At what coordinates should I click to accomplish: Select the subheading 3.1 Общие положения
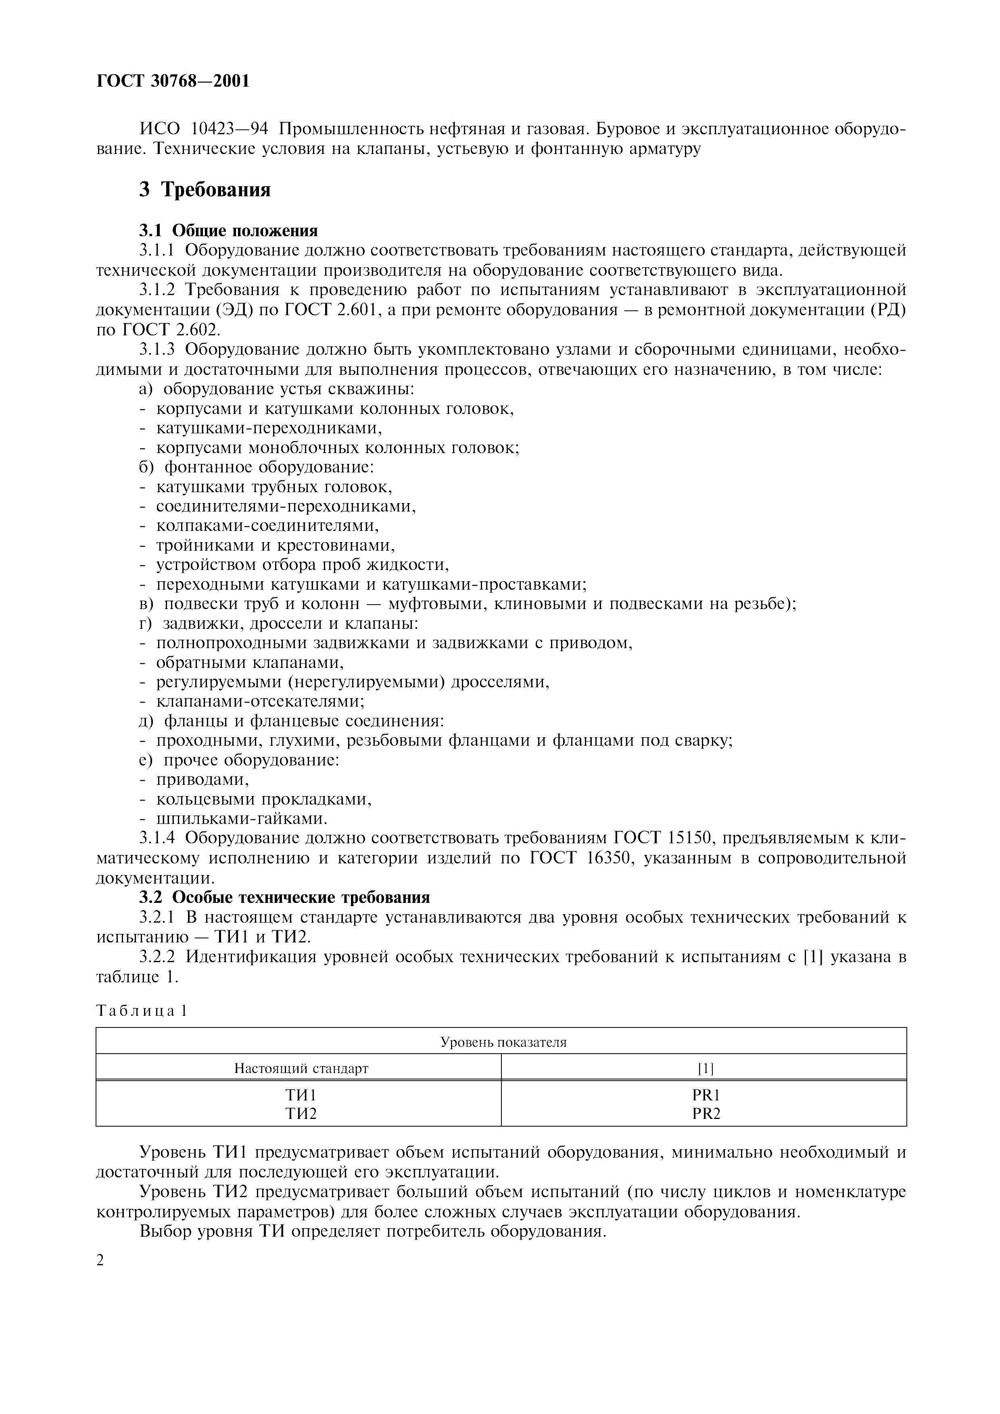(x=228, y=231)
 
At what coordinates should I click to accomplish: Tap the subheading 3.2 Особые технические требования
(x=284, y=897)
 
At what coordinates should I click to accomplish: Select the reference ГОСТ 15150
(x=664, y=839)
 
